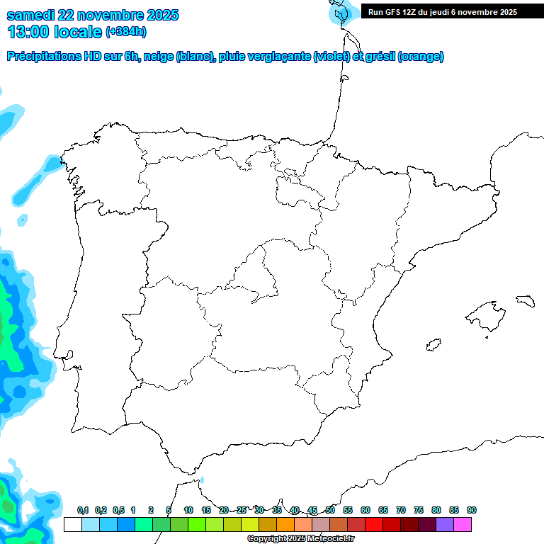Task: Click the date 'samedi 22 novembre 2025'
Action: point(93,15)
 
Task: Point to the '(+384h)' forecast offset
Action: point(126,32)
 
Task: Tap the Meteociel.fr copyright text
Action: point(300,538)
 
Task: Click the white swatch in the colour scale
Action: point(72,525)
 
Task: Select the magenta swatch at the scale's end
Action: point(463,525)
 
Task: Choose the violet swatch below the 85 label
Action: point(445,525)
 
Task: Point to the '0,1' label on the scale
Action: point(83,511)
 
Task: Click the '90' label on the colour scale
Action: point(472,511)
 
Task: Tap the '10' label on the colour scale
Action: point(188,511)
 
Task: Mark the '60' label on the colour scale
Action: point(365,511)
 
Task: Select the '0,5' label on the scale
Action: point(118,511)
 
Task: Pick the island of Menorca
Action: point(524,300)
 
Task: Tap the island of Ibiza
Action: point(433,346)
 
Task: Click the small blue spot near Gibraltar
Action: point(202,480)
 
